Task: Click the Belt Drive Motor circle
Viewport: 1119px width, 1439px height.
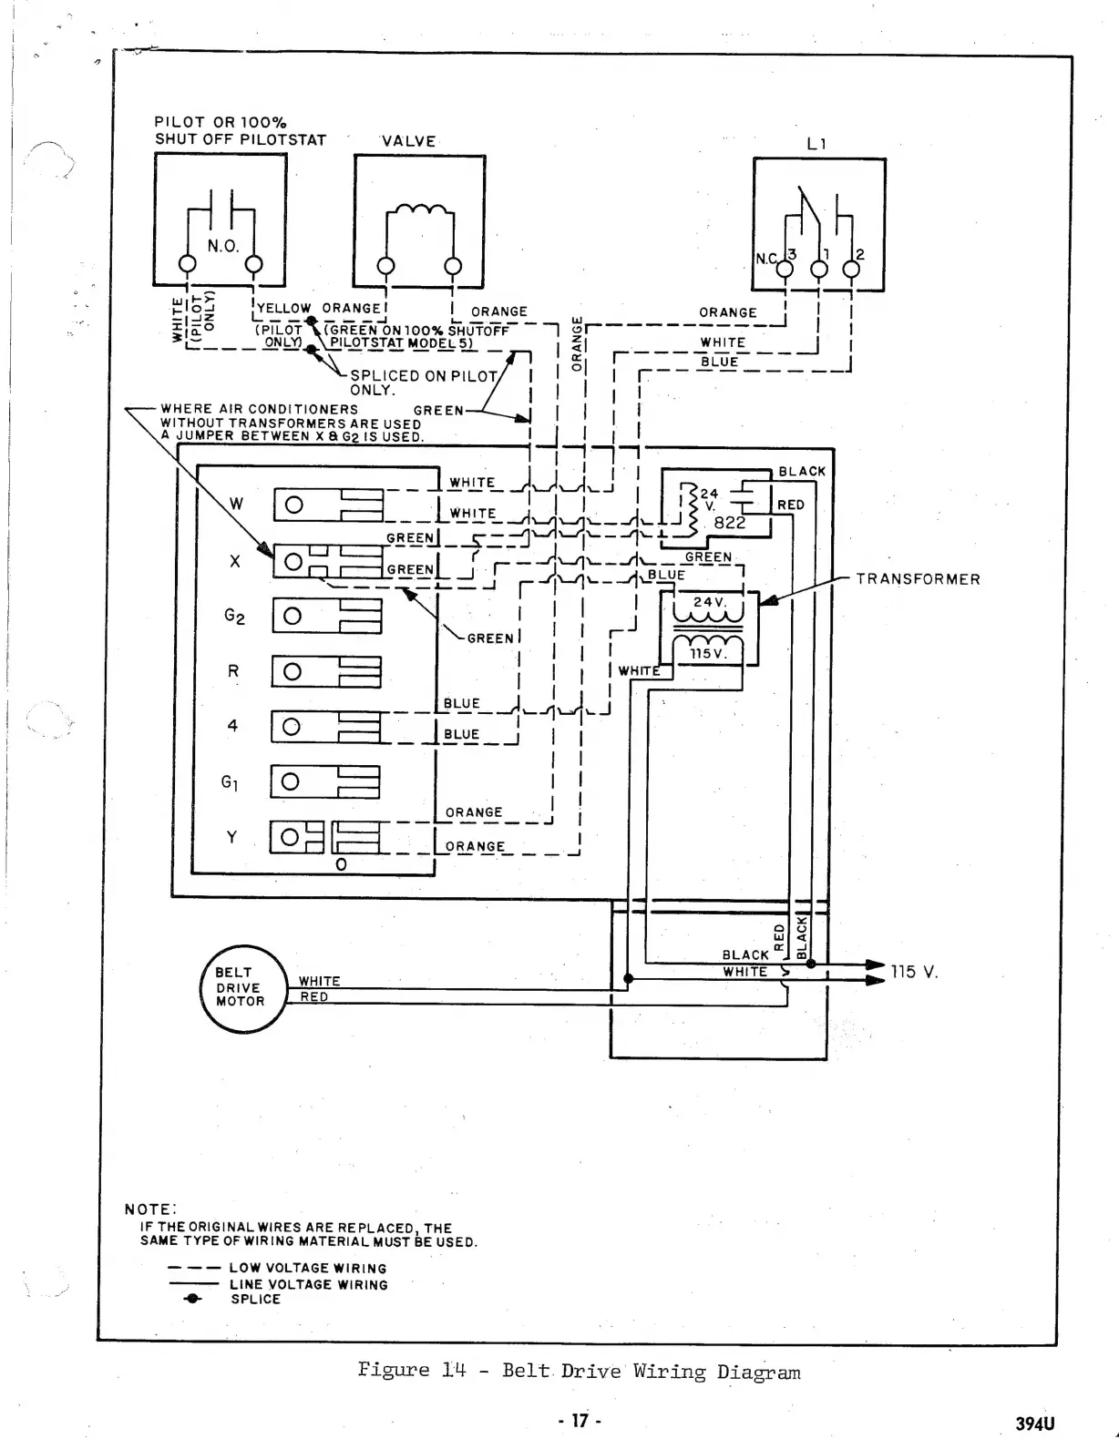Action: pyautogui.click(x=242, y=988)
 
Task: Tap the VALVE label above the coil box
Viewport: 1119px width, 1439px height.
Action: pyautogui.click(x=408, y=141)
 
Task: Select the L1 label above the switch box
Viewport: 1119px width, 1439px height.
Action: pyautogui.click(x=816, y=144)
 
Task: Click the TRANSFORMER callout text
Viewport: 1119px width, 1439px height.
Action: pyautogui.click(x=918, y=579)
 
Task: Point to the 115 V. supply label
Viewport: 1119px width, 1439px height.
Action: pyautogui.click(x=914, y=972)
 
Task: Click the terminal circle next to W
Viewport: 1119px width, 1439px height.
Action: pyautogui.click(x=294, y=505)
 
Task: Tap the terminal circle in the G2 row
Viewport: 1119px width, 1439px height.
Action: pyautogui.click(x=293, y=617)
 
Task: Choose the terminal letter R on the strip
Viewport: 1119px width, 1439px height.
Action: pyautogui.click(x=233, y=671)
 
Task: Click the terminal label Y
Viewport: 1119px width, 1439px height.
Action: pyautogui.click(x=231, y=837)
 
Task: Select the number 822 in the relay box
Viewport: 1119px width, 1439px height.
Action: pyautogui.click(x=729, y=523)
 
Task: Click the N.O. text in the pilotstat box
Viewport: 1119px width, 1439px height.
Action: pyautogui.click(x=222, y=246)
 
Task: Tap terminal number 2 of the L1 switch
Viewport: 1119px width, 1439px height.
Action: pyautogui.click(x=859, y=255)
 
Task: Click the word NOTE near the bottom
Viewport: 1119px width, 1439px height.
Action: pyautogui.click(x=149, y=1209)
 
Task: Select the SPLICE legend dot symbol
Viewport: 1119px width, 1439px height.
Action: pyautogui.click(x=191, y=1300)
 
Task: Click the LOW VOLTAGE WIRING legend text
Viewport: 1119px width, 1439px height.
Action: pyautogui.click(x=307, y=1268)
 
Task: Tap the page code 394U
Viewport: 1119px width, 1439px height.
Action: pyautogui.click(x=1034, y=1424)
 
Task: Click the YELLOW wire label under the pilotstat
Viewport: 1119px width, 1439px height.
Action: pyautogui.click(x=283, y=309)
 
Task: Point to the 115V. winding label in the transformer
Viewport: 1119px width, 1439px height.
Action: pyautogui.click(x=708, y=654)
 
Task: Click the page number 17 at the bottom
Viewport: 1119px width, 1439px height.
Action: pyautogui.click(x=580, y=1420)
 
